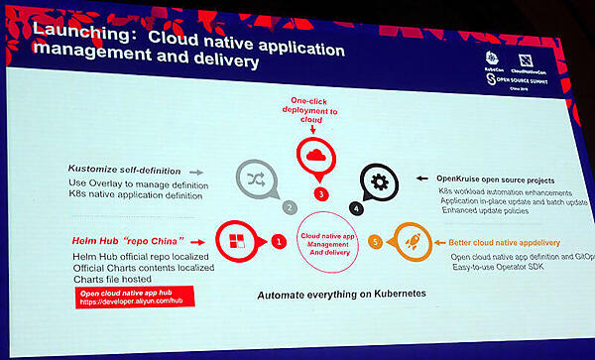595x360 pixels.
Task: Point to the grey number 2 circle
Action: pos(290,208)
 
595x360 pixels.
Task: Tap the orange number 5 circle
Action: pos(374,241)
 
